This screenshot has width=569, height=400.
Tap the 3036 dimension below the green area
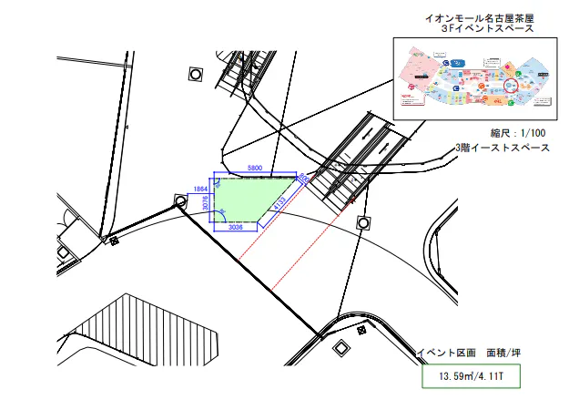[x=234, y=229]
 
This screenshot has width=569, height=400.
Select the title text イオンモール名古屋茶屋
[x=480, y=18]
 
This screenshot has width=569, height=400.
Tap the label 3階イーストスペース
[x=502, y=147]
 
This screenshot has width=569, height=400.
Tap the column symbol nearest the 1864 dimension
[x=180, y=200]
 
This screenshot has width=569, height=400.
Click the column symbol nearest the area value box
[x=341, y=347]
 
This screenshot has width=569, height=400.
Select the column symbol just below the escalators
[x=364, y=222]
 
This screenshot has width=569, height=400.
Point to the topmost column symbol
[x=194, y=74]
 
